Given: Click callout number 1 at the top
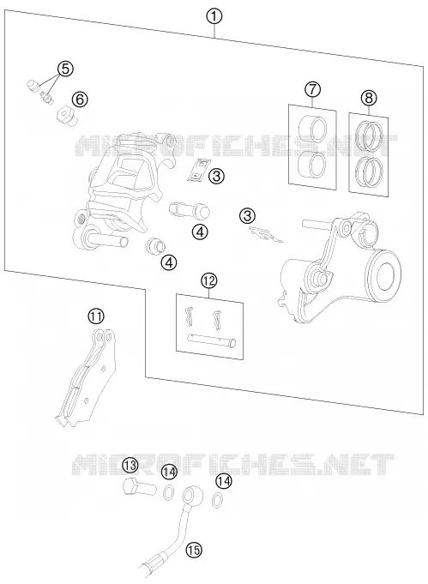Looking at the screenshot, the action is [214, 17].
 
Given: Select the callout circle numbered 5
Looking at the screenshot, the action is [65, 69].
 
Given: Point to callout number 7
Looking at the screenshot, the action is [312, 89].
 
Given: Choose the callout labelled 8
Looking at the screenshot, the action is [369, 98].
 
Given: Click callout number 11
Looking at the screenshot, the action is [96, 316].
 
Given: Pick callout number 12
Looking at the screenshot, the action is [208, 280].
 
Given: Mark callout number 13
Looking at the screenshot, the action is [130, 465].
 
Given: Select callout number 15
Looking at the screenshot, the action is [194, 550].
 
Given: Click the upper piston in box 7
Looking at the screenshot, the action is [312, 129].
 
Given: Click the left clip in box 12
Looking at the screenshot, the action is [190, 316].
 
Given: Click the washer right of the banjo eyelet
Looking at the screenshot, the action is [216, 500].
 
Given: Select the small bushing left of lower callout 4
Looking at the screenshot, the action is [155, 245].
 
